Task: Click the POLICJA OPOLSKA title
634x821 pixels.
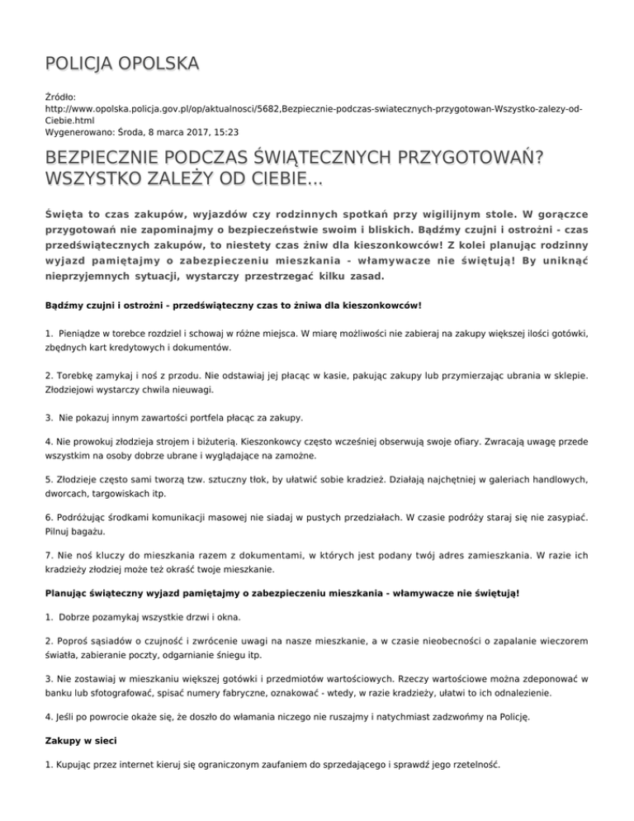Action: pyautogui.click(x=121, y=64)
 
